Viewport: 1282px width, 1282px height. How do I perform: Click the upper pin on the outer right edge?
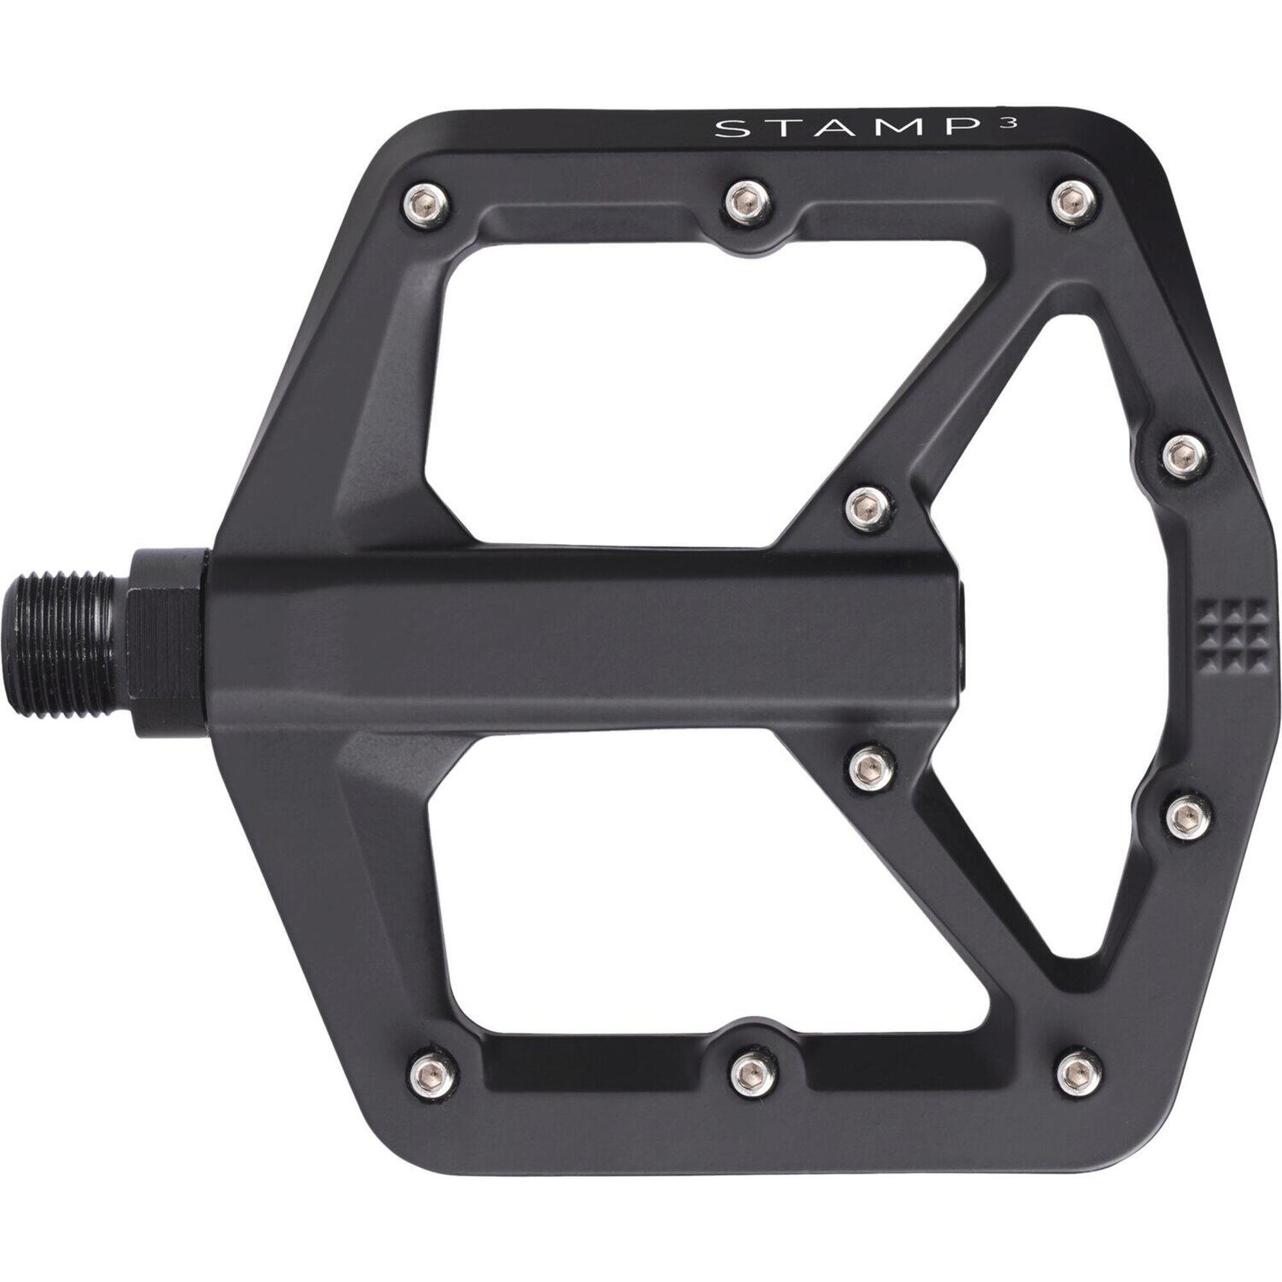tap(1186, 456)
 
